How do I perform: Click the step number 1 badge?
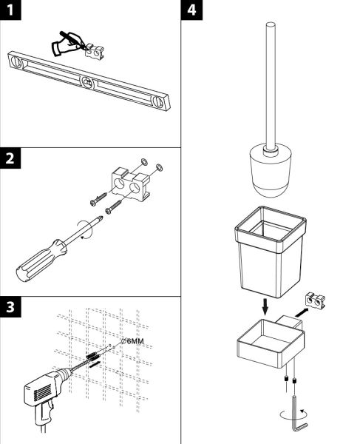point(10,10)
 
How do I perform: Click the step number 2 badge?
point(10,158)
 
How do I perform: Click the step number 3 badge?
point(10,307)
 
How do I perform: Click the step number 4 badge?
point(191,10)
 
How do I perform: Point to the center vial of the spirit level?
point(88,82)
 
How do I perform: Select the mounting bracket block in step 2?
point(130,184)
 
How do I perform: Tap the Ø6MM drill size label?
point(132,341)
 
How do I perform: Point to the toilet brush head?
point(271,172)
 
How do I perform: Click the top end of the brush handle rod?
point(271,25)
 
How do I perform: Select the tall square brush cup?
point(271,252)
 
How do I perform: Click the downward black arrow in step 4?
point(265,306)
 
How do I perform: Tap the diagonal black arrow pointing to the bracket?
point(301,312)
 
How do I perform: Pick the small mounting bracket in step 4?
point(315,301)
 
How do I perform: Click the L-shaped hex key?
point(299,418)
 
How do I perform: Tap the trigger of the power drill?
point(51,406)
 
